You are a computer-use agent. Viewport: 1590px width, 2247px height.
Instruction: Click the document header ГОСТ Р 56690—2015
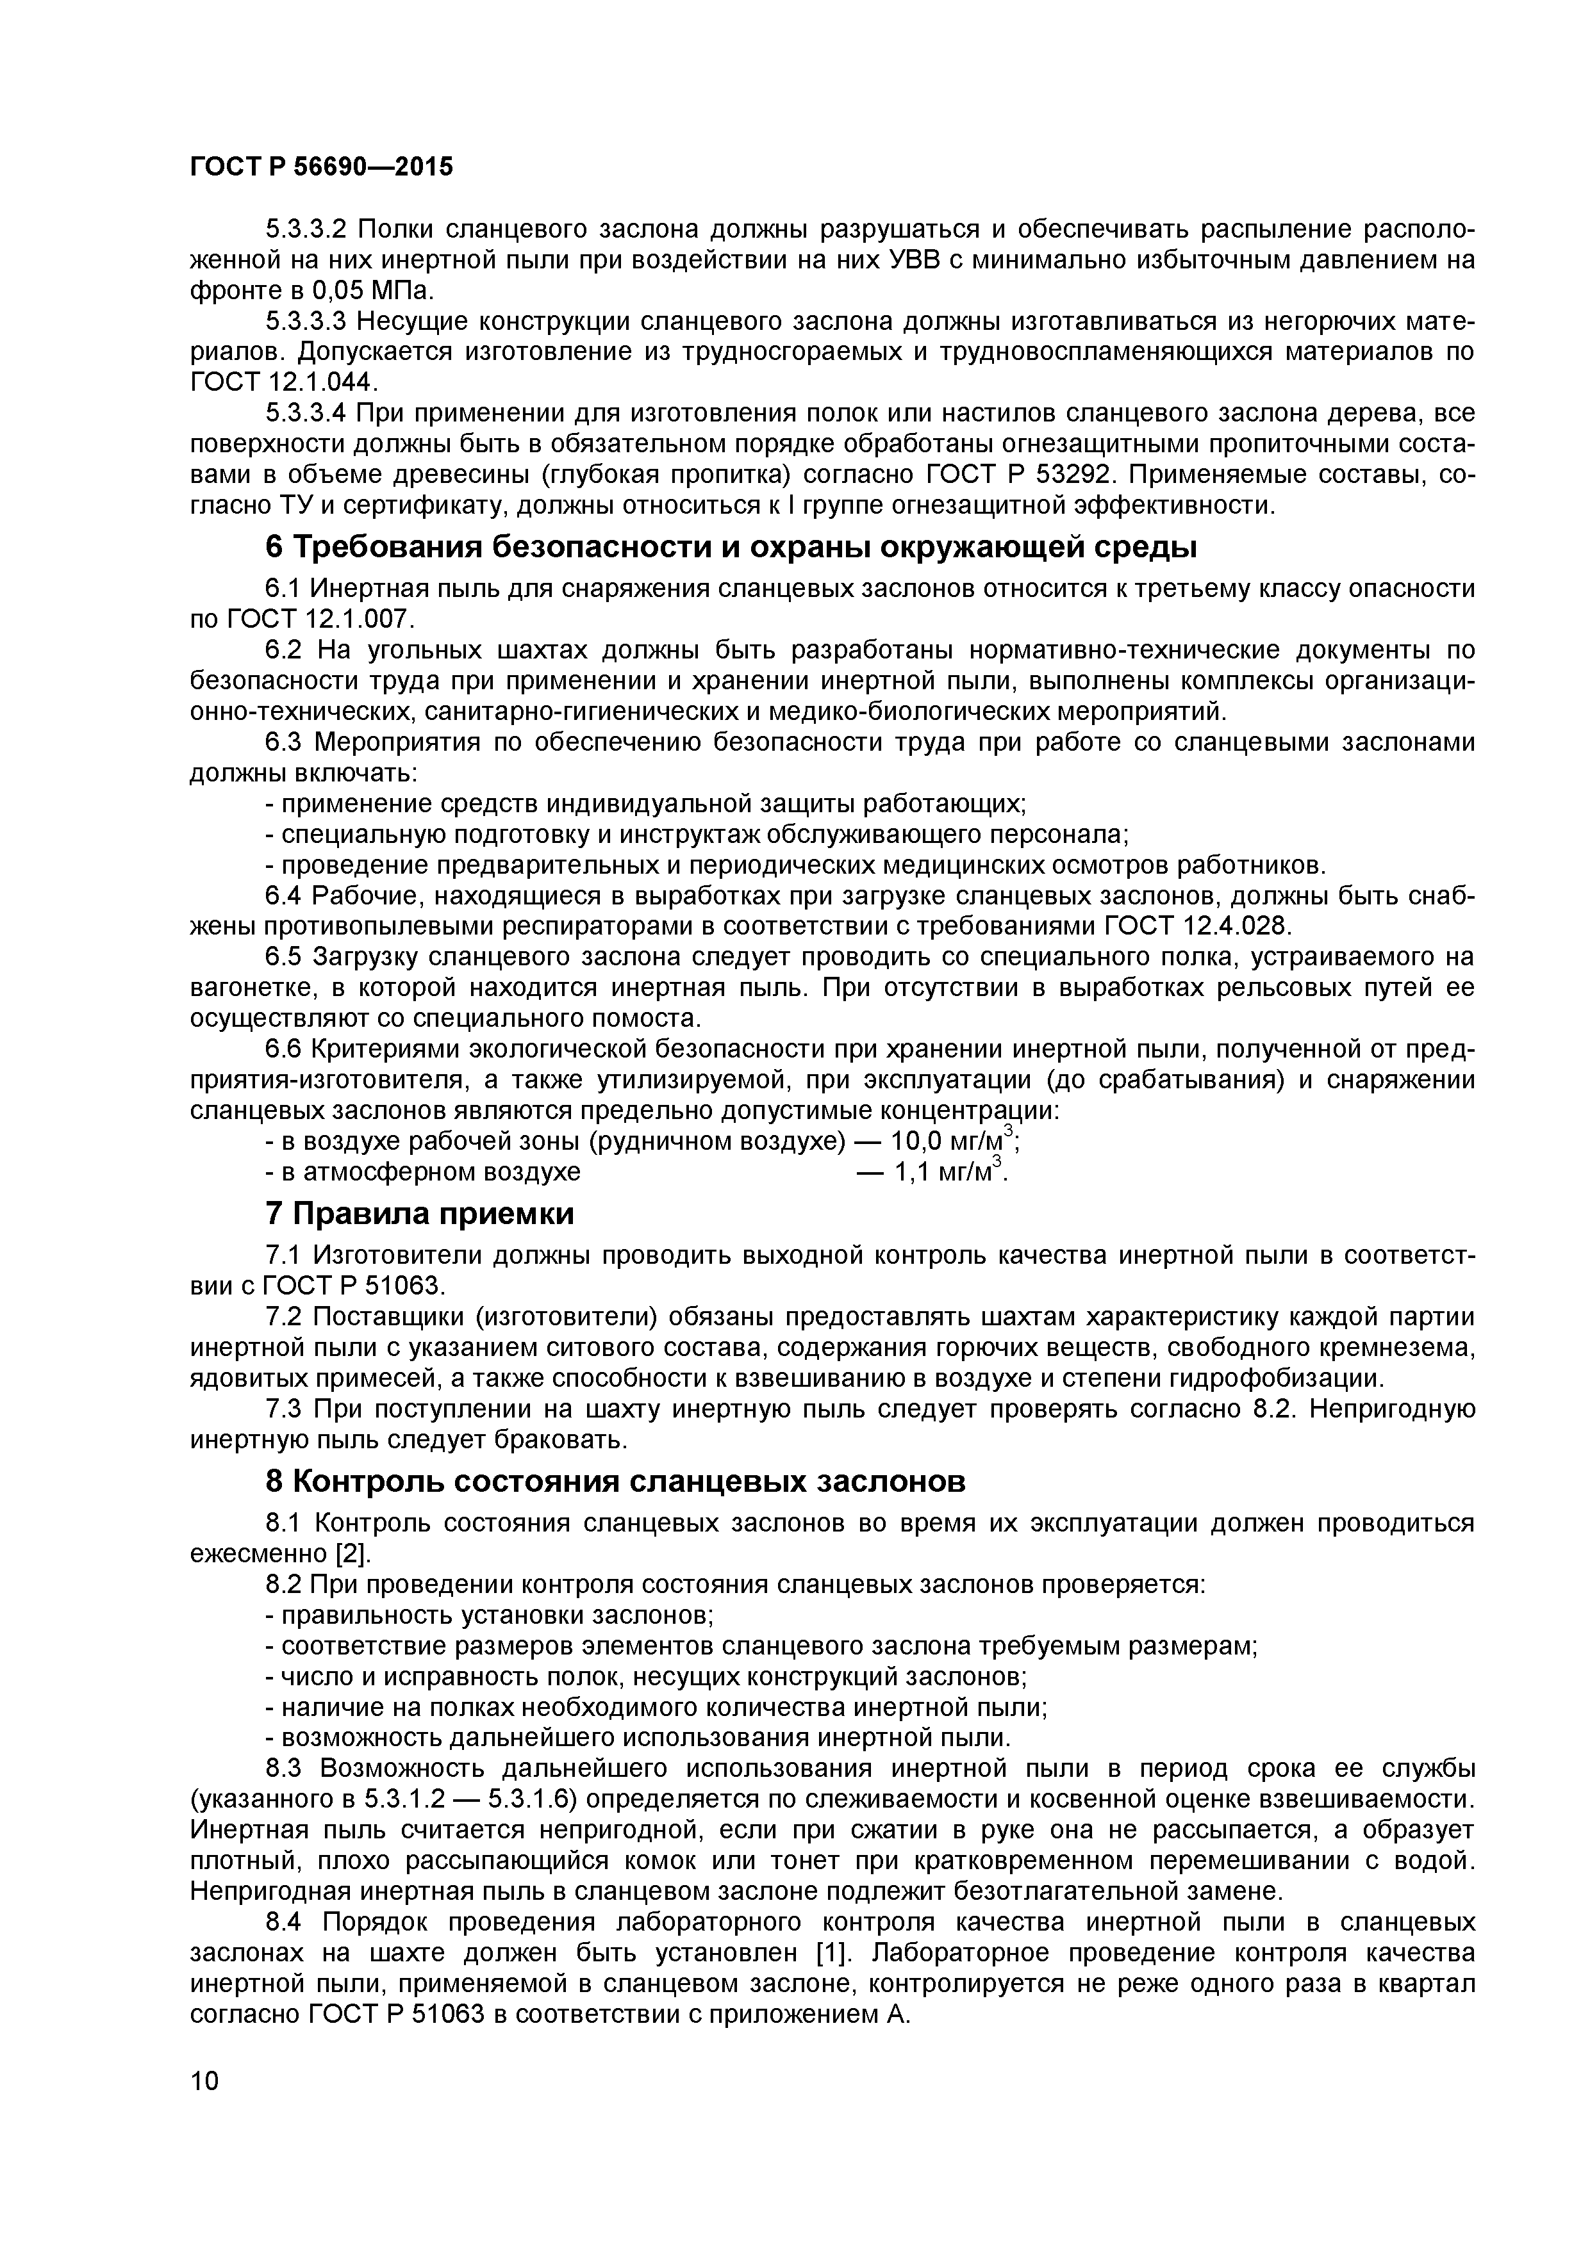tap(321, 167)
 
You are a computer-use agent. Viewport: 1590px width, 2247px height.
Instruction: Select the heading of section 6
tap(731, 547)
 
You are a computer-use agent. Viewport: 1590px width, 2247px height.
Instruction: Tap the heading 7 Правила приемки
tap(420, 1214)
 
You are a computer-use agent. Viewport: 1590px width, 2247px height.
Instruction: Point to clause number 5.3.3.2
tap(306, 230)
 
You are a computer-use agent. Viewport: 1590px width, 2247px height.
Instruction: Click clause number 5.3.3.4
tap(306, 413)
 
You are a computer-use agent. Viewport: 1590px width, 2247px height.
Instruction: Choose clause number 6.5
tap(284, 956)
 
